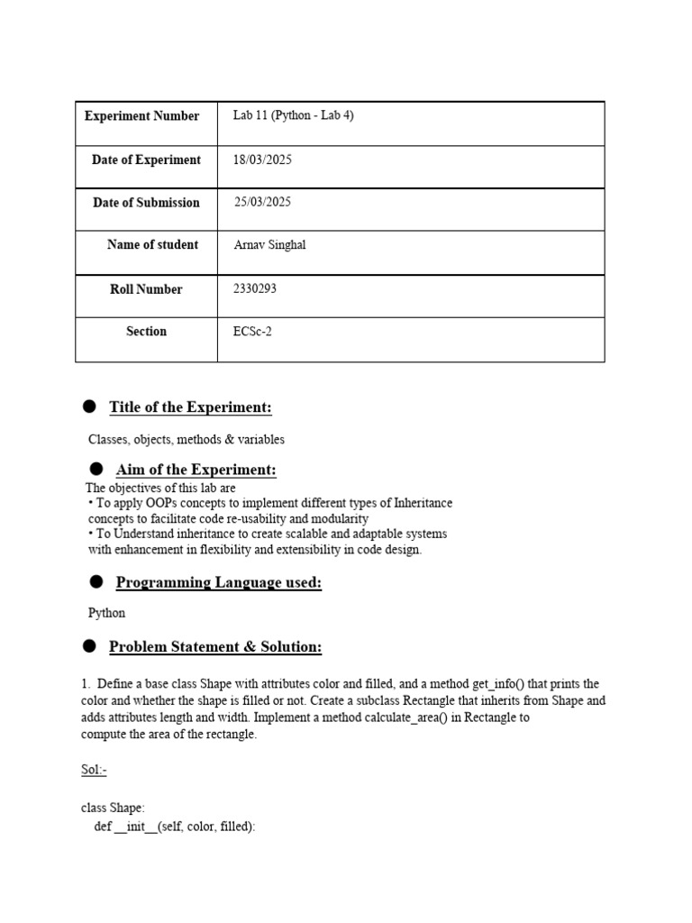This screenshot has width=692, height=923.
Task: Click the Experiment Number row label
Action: (x=141, y=116)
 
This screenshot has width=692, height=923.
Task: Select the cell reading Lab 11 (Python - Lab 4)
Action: (x=293, y=116)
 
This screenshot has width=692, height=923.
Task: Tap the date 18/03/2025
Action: (x=262, y=160)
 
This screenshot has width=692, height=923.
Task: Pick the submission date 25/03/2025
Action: (x=263, y=203)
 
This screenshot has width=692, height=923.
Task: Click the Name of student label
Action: (x=152, y=245)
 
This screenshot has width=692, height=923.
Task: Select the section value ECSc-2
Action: (x=252, y=332)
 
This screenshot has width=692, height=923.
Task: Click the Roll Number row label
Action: (x=146, y=289)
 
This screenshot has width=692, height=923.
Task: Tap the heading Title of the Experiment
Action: (x=190, y=407)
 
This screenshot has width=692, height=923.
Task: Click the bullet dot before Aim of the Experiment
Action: (x=96, y=470)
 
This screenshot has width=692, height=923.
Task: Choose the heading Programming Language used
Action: (x=218, y=583)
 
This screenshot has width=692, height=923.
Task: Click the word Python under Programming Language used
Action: (x=106, y=613)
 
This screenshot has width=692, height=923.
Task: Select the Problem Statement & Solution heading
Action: (x=214, y=647)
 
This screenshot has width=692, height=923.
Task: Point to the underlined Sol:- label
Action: (x=94, y=771)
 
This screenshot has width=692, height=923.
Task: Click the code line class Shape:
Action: (x=113, y=808)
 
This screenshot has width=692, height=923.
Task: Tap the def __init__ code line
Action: (x=175, y=826)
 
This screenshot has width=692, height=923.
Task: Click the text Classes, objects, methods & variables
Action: (x=186, y=440)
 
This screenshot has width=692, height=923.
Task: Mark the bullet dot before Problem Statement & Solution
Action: (x=89, y=646)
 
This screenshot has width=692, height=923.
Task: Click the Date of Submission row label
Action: (x=146, y=203)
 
